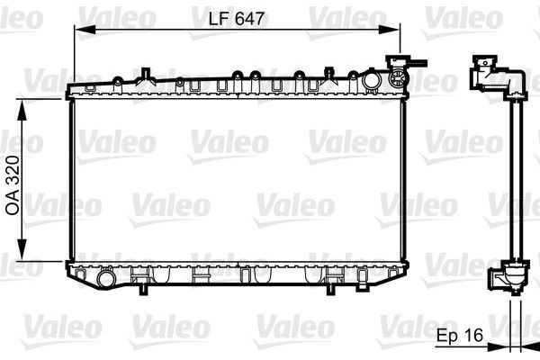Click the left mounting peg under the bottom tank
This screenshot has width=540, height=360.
[140, 287]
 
